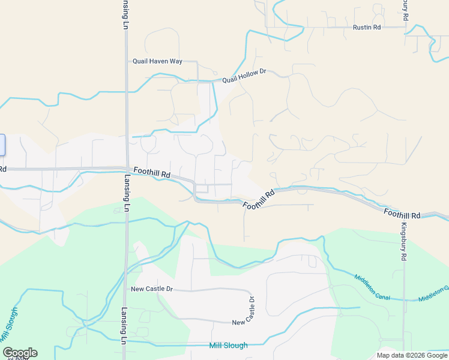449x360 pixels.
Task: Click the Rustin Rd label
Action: (367, 28)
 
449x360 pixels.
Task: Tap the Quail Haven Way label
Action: (157, 61)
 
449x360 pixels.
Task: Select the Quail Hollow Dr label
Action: (244, 76)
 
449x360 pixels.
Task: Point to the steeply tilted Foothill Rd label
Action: (258, 200)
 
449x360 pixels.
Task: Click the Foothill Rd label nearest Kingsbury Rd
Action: (402, 214)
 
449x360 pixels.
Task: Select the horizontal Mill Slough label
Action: (228, 346)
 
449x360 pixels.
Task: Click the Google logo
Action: (19, 353)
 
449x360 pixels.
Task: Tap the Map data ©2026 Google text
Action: (412, 355)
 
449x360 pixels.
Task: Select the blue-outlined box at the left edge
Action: (2, 146)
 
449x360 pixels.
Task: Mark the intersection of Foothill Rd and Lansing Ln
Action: (126, 169)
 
